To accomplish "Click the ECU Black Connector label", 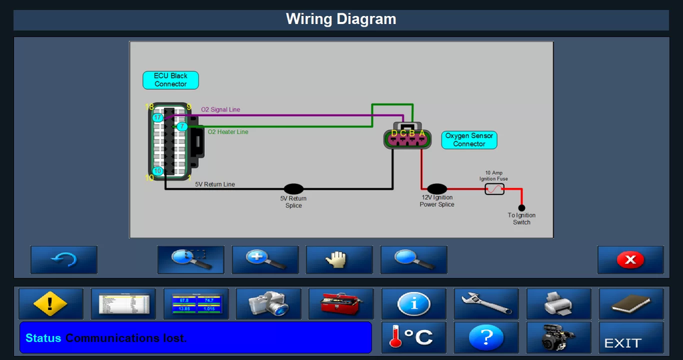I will [171, 80].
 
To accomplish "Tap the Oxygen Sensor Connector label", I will [470, 140].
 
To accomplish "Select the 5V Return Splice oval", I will [293, 189].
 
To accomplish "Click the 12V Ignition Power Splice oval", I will [437, 189].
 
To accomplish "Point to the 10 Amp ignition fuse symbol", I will [494, 189].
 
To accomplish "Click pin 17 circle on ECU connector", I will [157, 117].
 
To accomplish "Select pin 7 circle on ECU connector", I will [181, 126].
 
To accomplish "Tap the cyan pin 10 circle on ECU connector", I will [157, 171].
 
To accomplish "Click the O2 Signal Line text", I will [221, 109].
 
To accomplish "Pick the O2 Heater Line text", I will [228, 132].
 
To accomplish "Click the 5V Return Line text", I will [215, 184].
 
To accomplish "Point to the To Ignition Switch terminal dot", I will [522, 207].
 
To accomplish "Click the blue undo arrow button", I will [64, 259].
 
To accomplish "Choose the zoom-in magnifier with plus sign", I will [265, 259].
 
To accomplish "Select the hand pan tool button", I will [339, 259].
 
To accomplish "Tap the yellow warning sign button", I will [51, 304].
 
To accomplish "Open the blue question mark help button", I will [486, 338].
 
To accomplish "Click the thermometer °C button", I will [414, 338].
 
